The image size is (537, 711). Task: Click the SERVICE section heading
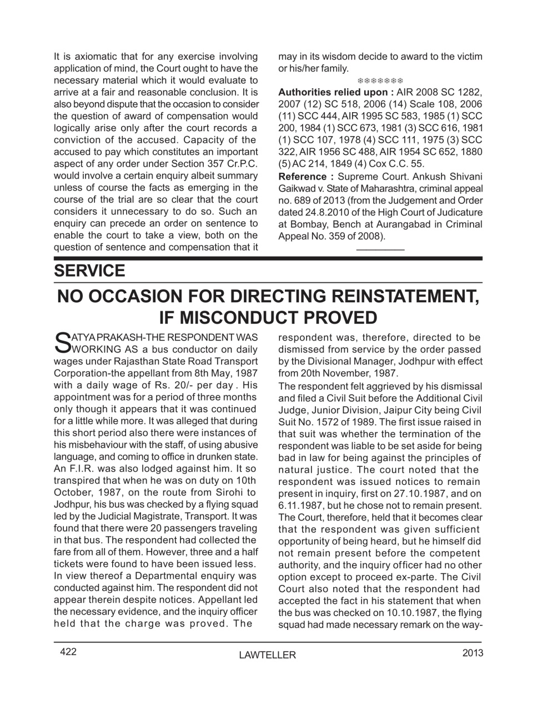[x=89, y=271]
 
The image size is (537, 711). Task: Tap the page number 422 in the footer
[x=68, y=653]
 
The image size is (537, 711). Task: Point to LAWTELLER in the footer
[x=267, y=655]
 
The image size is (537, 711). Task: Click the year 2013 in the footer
[x=472, y=653]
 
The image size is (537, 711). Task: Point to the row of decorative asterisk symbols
[x=380, y=81]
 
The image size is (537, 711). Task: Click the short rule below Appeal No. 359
[x=380, y=250]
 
